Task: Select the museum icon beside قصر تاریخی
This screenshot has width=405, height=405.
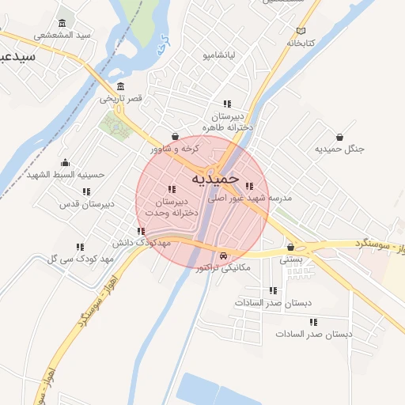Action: point(120,86)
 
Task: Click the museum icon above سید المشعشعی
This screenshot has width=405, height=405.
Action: point(62,22)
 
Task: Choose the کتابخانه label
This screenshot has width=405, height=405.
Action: point(301,42)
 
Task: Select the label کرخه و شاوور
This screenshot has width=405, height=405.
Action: point(176,149)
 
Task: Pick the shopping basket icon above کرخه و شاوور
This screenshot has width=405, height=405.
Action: point(175,136)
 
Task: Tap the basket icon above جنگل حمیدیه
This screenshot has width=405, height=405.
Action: point(339,137)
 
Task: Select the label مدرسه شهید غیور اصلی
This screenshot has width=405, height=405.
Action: point(250,199)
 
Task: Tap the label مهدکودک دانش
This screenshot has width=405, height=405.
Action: point(142,244)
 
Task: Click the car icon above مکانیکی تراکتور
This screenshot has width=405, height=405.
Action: point(225,255)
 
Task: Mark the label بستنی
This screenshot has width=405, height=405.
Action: point(291,259)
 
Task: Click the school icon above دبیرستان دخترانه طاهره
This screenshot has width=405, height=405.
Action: point(227,104)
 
